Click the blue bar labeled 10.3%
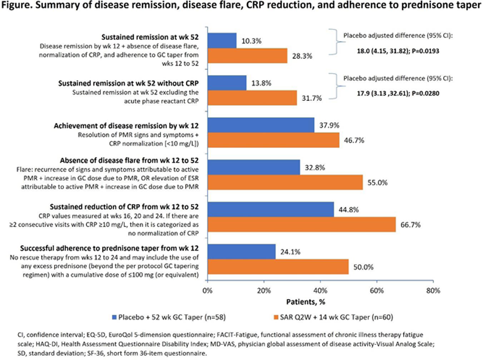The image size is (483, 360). click(222, 40)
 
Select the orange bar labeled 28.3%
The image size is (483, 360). click(247, 56)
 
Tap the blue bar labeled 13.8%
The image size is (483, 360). click(226, 82)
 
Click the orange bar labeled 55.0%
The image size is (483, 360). click(285, 182)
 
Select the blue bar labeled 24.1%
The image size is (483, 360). click(241, 251)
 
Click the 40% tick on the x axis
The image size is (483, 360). click(320, 291)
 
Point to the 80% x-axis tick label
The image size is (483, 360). click(432, 291)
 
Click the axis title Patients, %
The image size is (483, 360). click(320, 301)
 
